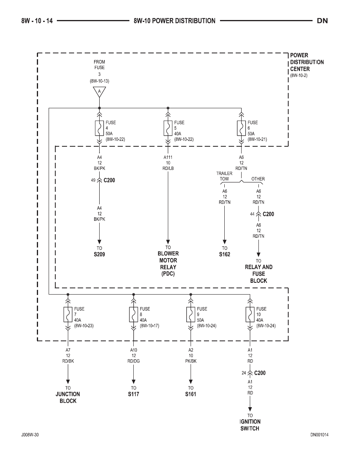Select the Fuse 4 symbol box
[99, 128]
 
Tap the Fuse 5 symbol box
[168, 128]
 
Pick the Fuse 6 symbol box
[241, 128]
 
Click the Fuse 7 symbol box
[68, 315]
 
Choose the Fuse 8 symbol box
[133, 315]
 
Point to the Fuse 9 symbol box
[191, 315]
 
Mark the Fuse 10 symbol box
[250, 315]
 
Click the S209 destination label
[99, 255]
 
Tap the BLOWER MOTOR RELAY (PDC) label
[168, 264]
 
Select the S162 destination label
[225, 255]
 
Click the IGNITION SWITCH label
[250, 425]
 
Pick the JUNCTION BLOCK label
[68, 397]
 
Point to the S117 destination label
[133, 394]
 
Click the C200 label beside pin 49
[109, 180]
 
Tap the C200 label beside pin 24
[260, 373]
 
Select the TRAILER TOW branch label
[224, 176]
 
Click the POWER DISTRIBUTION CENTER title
[307, 62]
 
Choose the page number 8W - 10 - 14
[37, 21]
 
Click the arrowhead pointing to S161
[191, 382]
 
